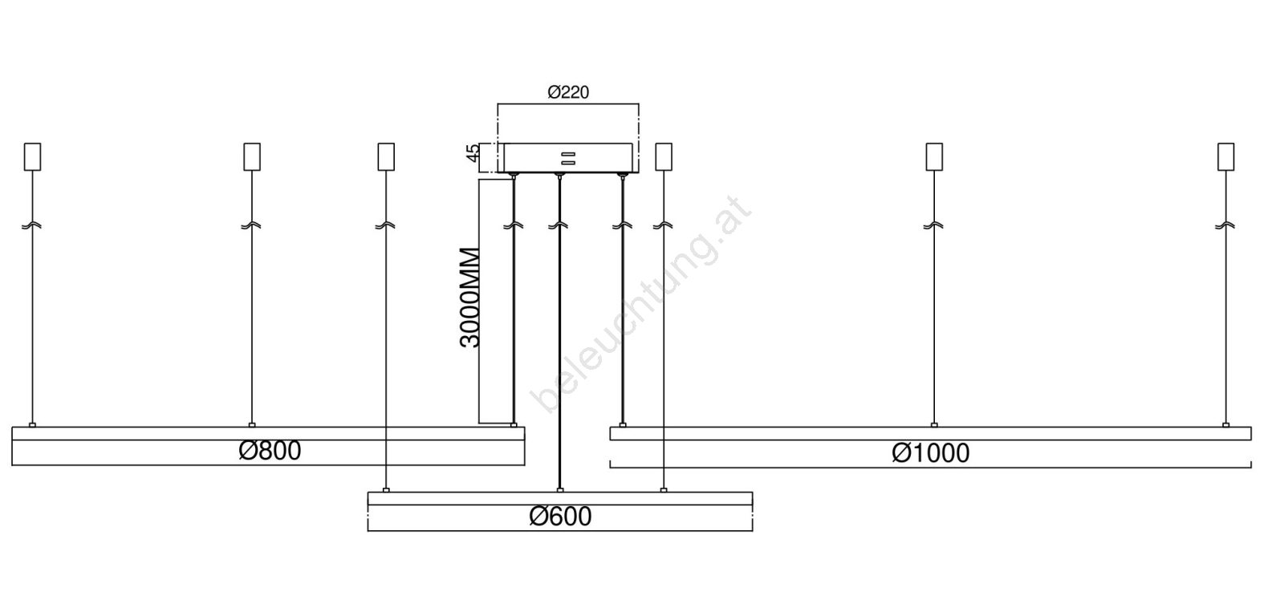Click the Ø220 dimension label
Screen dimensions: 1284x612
(568, 92)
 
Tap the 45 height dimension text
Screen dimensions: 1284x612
(473, 153)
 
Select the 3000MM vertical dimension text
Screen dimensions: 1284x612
(469, 298)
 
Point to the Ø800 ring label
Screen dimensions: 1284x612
(270, 451)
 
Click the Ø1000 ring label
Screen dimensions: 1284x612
(930, 453)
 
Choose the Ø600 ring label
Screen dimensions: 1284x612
(560, 517)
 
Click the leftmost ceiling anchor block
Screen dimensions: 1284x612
(33, 156)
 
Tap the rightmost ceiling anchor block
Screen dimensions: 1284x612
(1226, 156)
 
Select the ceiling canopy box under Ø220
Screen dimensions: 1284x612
(568, 157)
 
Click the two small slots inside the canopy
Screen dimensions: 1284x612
(568, 158)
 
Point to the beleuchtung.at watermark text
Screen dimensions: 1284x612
(640, 304)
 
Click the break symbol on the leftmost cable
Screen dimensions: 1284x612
(32, 225)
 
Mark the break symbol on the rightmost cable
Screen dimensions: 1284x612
(1225, 225)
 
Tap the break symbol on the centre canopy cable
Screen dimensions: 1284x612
(559, 225)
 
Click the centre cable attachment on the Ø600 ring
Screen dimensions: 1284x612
(560, 490)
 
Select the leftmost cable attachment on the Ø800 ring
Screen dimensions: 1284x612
(32, 424)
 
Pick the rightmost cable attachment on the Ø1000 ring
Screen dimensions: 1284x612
(1225, 424)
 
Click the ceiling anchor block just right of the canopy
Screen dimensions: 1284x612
(664, 156)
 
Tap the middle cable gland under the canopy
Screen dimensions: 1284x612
(559, 176)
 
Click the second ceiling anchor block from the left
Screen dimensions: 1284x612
(252, 156)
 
